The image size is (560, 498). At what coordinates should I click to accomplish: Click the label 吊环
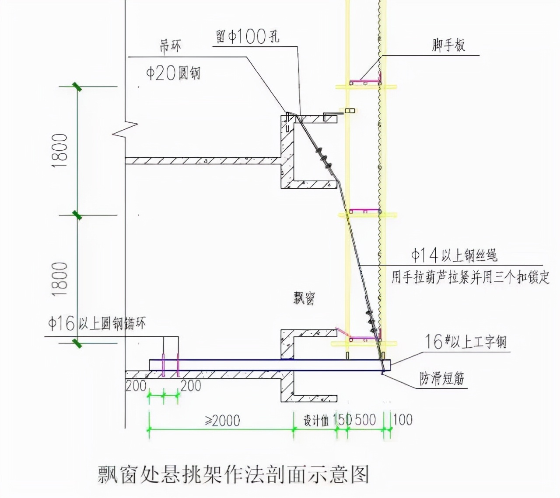pos(170,46)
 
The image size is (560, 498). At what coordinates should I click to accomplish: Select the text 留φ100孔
pos(248,36)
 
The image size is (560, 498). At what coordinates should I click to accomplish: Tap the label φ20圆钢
pos(173,73)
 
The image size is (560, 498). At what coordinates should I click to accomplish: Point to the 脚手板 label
pos(448,45)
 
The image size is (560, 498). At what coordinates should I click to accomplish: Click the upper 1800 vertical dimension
pos(60,151)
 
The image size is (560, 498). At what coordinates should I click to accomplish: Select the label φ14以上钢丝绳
pos(454,255)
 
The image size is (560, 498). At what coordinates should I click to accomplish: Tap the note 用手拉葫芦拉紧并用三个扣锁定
pos(470,277)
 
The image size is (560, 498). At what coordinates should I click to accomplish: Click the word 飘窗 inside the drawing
pos(304,298)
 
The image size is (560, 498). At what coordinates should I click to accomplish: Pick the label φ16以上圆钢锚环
pos(97,324)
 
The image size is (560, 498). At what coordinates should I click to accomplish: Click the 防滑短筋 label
pos(442,378)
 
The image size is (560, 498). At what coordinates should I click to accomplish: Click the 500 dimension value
pos(365,420)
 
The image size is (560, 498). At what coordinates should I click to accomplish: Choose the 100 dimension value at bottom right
pos(402,420)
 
